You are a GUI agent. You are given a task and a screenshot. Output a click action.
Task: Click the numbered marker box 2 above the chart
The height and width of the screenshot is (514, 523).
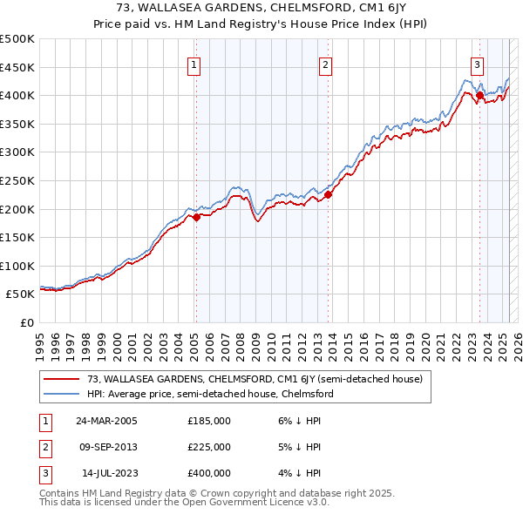pyautogui.click(x=324, y=64)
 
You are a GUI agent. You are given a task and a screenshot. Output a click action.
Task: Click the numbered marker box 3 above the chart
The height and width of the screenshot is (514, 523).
pyautogui.click(x=478, y=64)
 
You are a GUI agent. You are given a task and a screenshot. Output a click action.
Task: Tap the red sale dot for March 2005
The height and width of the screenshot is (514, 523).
pyautogui.click(x=196, y=218)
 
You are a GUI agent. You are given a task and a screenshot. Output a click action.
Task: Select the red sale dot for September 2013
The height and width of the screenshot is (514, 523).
pyautogui.click(x=328, y=195)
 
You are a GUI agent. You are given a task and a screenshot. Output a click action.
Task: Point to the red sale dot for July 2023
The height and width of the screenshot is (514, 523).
pyautogui.click(x=480, y=96)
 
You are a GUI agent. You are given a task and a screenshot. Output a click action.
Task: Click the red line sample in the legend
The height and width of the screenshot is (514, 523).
pyautogui.click(x=61, y=379)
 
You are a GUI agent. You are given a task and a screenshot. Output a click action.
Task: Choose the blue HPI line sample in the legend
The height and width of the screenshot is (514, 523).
pyautogui.click(x=61, y=394)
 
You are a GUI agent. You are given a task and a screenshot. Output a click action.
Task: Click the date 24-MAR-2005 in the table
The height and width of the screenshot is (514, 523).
pyautogui.click(x=107, y=420)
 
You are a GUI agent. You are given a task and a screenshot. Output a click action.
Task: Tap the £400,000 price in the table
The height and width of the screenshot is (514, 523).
pyautogui.click(x=209, y=474)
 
